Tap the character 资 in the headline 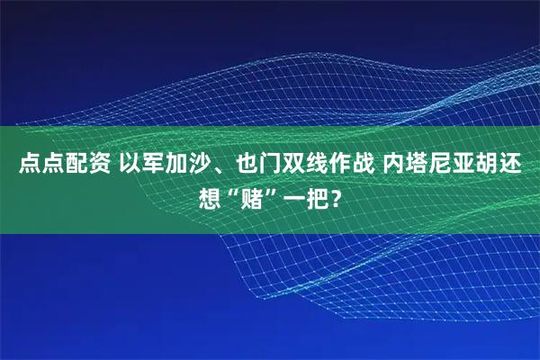point(98,166)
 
